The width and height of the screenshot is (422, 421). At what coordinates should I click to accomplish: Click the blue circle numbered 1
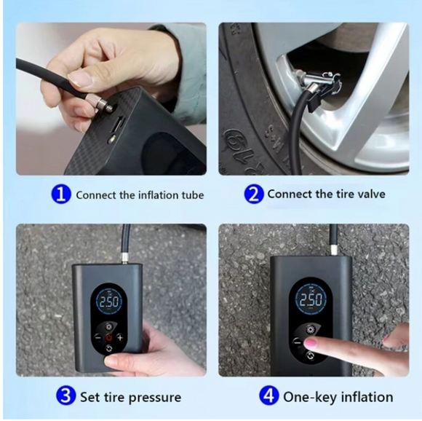(x=62, y=194)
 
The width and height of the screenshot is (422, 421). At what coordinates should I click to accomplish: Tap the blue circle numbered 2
(x=253, y=194)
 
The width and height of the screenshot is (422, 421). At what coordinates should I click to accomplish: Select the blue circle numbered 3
(x=66, y=397)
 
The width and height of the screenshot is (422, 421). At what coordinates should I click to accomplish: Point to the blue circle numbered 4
(x=269, y=397)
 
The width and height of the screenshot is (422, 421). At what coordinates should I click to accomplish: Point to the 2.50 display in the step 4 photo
(x=311, y=300)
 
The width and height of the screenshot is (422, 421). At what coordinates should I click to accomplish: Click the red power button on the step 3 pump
(x=108, y=338)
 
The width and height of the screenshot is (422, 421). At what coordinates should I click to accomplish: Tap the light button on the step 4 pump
(x=311, y=326)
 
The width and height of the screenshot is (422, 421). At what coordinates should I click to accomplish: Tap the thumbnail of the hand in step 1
(x=81, y=79)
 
